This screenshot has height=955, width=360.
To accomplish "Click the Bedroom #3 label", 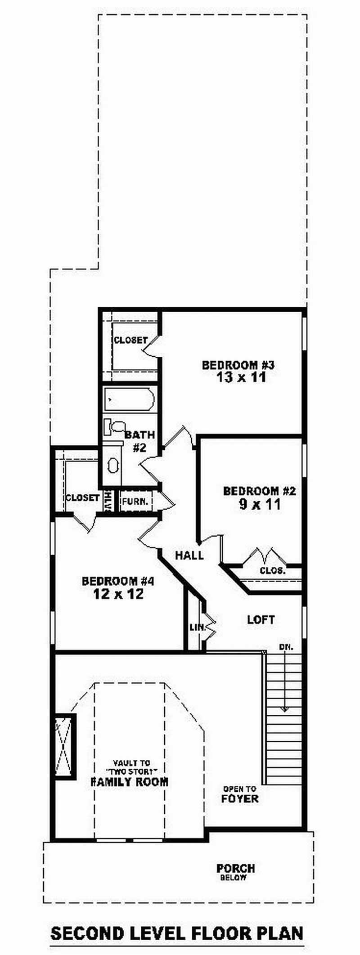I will click(238, 365).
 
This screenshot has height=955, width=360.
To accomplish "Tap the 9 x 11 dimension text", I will click(260, 505).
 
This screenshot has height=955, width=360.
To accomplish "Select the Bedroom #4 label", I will click(118, 581).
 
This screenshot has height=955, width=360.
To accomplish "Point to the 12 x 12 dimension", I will click(118, 594).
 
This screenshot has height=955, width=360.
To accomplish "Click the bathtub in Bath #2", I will click(130, 399).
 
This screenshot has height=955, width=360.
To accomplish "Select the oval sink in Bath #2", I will click(112, 466).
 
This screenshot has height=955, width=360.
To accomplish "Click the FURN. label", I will click(135, 501).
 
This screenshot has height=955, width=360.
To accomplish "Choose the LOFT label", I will click(261, 620).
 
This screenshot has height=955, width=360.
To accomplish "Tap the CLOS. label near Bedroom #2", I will click(273, 571).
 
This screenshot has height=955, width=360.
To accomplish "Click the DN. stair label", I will click(286, 647).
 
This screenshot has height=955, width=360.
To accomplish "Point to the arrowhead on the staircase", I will click(284, 709).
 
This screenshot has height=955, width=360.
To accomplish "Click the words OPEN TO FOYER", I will click(240, 795).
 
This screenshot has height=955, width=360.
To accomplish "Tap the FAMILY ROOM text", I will click(130, 782).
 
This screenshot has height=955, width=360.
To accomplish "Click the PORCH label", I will click(235, 868).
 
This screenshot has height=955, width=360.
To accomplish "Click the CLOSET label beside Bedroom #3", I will click(130, 341).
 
